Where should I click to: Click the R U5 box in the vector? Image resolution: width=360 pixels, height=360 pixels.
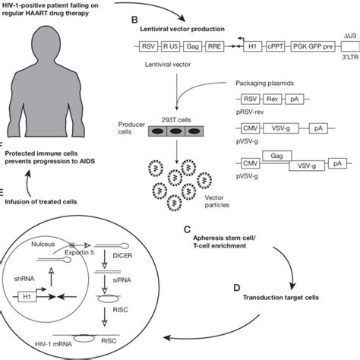pyautogui.click(x=170, y=46)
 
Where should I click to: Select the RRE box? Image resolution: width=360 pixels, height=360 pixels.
pyautogui.click(x=214, y=46)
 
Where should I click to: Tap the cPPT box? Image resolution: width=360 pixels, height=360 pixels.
pyautogui.click(x=275, y=46)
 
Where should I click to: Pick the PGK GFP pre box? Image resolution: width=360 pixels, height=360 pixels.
pyautogui.click(x=313, y=46)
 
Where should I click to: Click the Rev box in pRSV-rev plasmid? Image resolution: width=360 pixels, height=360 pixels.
pyautogui.click(x=273, y=99)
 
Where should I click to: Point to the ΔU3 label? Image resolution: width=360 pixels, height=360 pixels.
pyautogui.click(x=350, y=36)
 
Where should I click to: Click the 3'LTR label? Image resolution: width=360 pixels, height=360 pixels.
pyautogui.click(x=350, y=57)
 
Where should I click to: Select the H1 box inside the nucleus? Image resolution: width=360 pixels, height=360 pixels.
pyautogui.click(x=27, y=296)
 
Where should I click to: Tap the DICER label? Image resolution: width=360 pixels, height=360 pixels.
pyautogui.click(x=122, y=256)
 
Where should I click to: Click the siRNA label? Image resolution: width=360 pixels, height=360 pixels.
pyautogui.click(x=122, y=280)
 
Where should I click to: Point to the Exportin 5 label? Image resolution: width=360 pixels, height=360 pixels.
pyautogui.click(x=79, y=252)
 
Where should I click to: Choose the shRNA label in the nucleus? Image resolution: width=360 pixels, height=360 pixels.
pyautogui.click(x=24, y=279)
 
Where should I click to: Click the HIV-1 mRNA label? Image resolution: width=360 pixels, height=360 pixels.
pyautogui.click(x=53, y=344)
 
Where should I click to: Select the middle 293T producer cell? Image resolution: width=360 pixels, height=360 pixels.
pyautogui.click(x=176, y=131)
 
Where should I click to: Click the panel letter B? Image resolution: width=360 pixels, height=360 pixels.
pyautogui.click(x=134, y=20)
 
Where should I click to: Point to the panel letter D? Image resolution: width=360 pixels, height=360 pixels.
pyautogui.click(x=237, y=288)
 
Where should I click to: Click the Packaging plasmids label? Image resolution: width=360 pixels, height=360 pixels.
pyautogui.click(x=264, y=84)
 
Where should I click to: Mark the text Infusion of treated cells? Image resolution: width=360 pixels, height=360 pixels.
pyautogui.click(x=41, y=202)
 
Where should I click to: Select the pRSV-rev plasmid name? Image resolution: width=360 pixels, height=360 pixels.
pyautogui.click(x=250, y=112)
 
